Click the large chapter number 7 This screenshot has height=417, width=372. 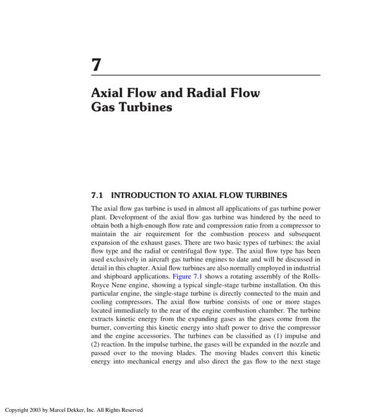coord(96,66)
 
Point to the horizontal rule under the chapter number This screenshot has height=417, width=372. coord(205,76)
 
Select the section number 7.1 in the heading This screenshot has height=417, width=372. coord(98,195)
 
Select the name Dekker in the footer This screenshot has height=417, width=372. coord(78,410)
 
